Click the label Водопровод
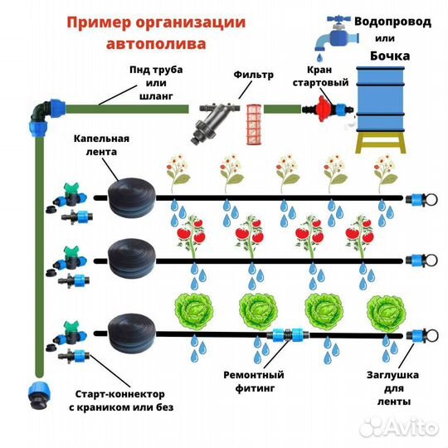click(392, 22)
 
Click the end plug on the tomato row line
click(418, 264)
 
